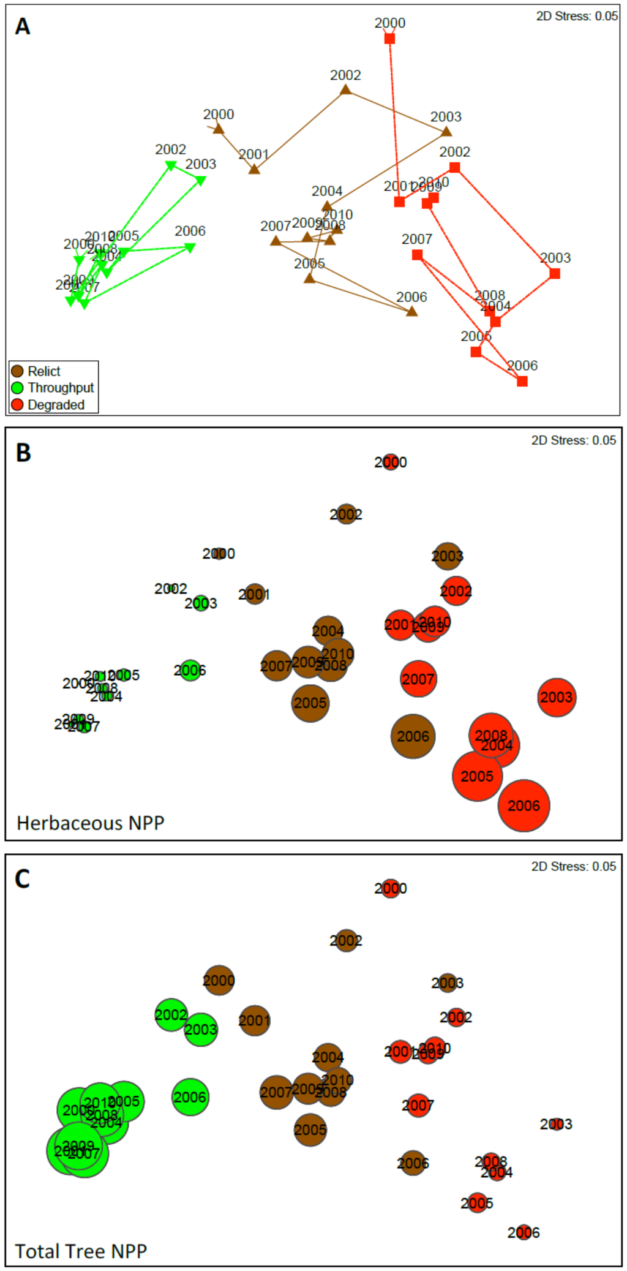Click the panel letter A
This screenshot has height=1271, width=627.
coord(23,27)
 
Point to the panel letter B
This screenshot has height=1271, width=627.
coord(23,453)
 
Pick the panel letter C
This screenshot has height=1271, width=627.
coord(22,879)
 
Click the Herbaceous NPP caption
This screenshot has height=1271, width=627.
coord(91,823)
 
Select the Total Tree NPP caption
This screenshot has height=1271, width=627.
coord(81,1251)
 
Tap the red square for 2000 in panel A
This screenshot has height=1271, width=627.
coord(390,39)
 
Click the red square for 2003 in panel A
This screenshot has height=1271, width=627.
coord(555,274)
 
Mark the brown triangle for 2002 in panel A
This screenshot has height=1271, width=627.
coord(346,90)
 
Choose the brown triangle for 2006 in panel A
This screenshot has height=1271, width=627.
coord(412,311)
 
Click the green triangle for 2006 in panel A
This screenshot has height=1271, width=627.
coord(190,247)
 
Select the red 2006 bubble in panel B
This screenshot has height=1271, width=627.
coord(524,805)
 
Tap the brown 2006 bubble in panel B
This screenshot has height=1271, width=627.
coord(413,736)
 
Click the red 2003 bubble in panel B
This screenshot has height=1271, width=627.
coord(557,697)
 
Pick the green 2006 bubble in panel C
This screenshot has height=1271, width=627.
coord(190,1097)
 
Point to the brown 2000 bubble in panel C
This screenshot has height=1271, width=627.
coord(219,980)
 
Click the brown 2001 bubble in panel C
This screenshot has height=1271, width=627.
coord(255,1020)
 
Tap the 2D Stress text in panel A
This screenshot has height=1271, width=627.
coord(577,17)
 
